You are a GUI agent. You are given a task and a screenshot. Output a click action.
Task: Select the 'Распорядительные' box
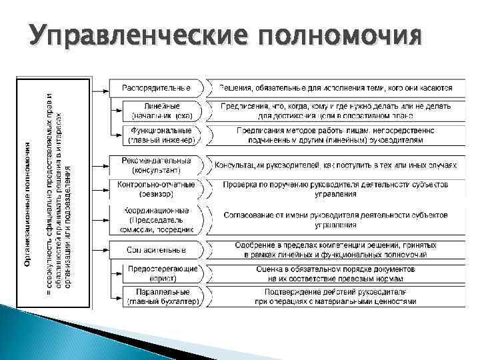(157, 87)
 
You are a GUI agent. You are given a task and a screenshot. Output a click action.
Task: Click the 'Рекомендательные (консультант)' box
(157, 166)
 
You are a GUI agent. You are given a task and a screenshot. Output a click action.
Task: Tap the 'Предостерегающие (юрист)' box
(163, 273)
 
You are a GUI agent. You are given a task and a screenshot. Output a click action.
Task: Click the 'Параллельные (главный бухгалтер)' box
(163, 297)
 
